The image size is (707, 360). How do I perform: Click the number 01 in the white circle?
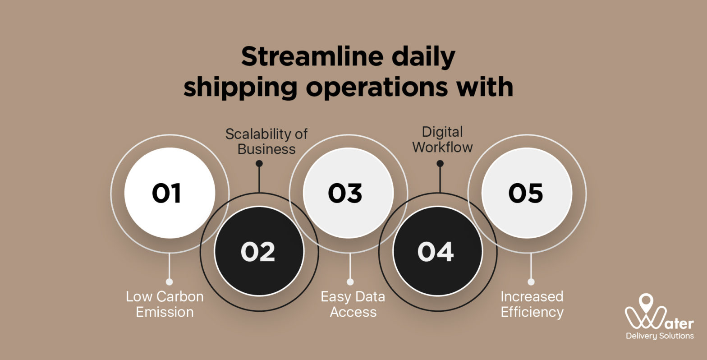(166, 193)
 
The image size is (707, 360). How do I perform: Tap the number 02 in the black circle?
(257, 252)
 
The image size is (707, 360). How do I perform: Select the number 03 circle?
(345, 193)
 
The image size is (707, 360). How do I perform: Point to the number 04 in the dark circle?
(436, 252)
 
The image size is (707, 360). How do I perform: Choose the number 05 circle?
(526, 193)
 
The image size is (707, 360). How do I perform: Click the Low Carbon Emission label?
(165, 304)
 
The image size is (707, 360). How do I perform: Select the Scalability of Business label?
(266, 141)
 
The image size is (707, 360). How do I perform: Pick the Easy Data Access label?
(353, 304)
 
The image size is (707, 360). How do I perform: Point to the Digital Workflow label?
(442, 139)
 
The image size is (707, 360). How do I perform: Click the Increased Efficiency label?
(532, 304)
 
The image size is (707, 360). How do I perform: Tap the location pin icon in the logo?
(646, 301)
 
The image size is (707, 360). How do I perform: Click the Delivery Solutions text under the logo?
(660, 336)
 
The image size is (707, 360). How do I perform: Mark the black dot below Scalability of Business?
(259, 163)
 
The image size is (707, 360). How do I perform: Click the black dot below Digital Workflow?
(440, 163)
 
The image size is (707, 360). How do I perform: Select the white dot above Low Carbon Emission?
(169, 282)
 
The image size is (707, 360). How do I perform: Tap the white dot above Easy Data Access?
(350, 282)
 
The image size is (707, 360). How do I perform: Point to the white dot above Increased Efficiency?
(531, 282)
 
